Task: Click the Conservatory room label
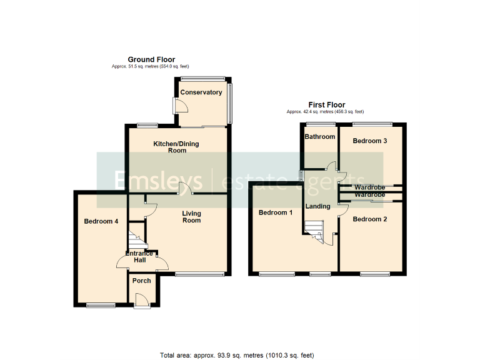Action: click(201, 92)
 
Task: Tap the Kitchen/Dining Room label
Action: click(177, 147)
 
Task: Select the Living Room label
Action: click(192, 217)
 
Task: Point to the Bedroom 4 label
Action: click(101, 221)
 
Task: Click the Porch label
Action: click(142, 281)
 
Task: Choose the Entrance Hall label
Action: click(139, 256)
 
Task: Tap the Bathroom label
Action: click(320, 137)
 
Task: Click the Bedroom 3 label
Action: click(370, 141)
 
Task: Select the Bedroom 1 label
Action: click(276, 213)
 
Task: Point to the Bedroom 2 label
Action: click(370, 219)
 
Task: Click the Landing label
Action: click(317, 206)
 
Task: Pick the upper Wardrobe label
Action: click(370, 187)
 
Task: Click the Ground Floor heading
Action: click(151, 59)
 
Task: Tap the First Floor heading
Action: click(327, 105)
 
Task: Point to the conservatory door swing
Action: click(180, 107)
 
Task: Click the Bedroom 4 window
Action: click(101, 304)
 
